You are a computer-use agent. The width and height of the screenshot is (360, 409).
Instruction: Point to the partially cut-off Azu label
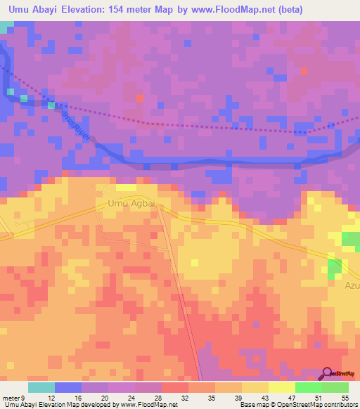(x=352, y=287)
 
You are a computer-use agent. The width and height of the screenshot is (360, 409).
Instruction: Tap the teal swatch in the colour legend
(x=41, y=387)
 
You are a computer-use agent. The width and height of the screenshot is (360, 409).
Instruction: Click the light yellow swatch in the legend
(x=281, y=387)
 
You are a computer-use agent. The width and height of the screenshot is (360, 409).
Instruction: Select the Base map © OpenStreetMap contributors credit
(x=298, y=405)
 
